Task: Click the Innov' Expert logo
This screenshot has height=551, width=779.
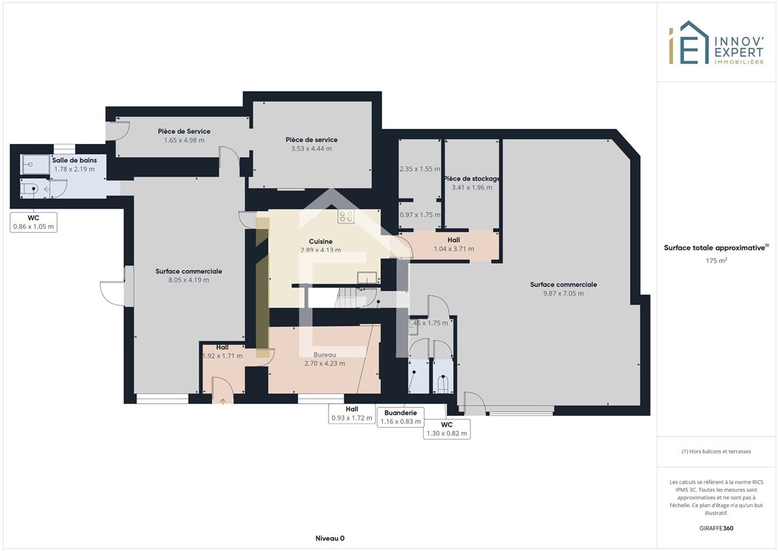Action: point(716,43)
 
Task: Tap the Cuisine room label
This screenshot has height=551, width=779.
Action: point(320,242)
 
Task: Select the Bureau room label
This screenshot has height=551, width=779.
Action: point(325,355)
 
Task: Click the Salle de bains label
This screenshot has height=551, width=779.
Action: point(74,160)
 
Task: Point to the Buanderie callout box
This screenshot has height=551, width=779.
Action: point(400,417)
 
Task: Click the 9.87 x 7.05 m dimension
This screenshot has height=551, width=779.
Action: point(563,293)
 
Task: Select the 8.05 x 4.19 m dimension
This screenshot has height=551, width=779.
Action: point(188,280)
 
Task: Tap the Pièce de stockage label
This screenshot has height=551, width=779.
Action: point(472,179)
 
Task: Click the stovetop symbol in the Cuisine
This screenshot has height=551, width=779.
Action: point(346,216)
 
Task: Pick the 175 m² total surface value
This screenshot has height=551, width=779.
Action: point(716,260)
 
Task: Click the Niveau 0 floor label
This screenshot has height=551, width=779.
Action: point(330,538)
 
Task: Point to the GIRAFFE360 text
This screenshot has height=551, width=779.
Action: point(716,528)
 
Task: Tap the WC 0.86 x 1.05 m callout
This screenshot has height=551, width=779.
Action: point(33,222)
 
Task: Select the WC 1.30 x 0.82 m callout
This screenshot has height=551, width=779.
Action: point(446,429)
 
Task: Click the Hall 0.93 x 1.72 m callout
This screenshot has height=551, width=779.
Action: point(352,413)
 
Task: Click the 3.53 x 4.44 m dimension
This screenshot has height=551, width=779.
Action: point(311,149)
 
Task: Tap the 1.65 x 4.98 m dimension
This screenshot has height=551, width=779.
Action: point(184,140)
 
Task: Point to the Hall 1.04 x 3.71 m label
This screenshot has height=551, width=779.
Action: point(454,245)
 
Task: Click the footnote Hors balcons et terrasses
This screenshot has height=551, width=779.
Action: point(716,452)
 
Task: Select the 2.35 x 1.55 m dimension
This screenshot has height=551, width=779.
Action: point(419,169)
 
